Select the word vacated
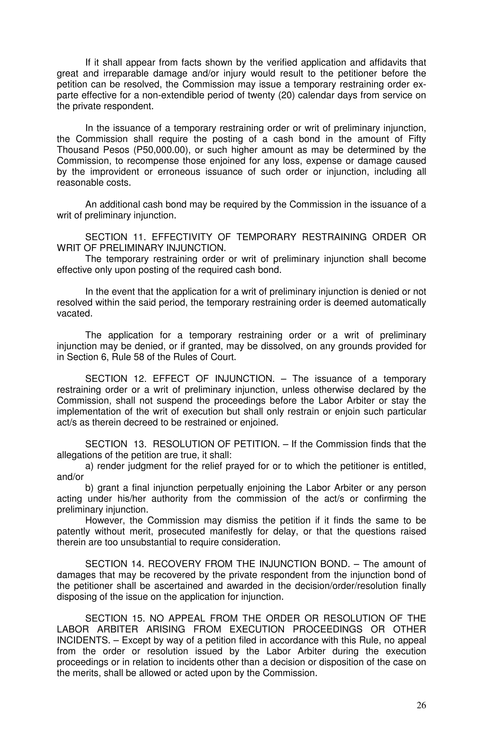point(75,313)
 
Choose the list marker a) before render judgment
point(89,466)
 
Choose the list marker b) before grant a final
point(89,488)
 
